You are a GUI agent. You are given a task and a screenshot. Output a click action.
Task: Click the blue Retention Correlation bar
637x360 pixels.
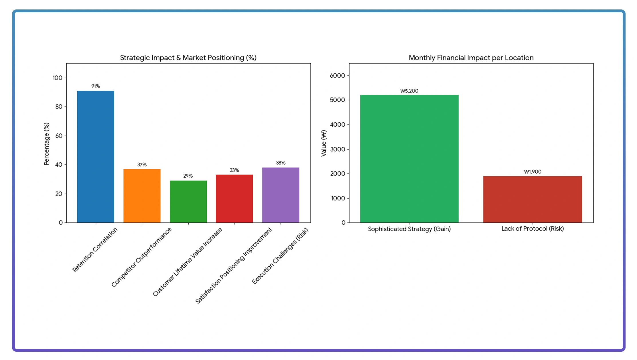[x=96, y=157]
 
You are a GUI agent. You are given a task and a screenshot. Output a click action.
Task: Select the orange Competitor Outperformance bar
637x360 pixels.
[x=142, y=196]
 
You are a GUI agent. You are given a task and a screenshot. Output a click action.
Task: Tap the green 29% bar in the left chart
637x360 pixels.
[x=188, y=201]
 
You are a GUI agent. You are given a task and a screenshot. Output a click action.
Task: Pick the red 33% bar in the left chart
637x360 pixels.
[x=234, y=198]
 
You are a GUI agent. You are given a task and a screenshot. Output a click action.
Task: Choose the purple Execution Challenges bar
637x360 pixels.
[x=281, y=195]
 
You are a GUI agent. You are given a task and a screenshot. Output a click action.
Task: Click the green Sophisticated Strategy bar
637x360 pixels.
[x=409, y=159]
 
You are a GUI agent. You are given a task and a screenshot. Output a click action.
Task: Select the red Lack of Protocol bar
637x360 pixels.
[x=533, y=199]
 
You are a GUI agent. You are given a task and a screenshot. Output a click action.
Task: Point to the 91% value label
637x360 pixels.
[x=96, y=86]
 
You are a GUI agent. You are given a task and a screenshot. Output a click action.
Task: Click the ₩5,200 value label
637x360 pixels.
[x=409, y=91]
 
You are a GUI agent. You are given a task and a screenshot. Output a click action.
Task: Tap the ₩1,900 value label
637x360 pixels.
[x=533, y=172]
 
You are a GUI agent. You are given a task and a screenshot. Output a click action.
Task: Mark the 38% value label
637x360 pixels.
[x=281, y=163]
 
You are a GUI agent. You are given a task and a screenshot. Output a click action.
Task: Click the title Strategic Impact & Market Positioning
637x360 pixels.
[x=188, y=58]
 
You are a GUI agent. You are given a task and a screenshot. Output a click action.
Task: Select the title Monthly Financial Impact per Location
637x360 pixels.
[x=471, y=58]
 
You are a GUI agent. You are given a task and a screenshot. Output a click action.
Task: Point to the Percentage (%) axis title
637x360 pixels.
[x=46, y=144]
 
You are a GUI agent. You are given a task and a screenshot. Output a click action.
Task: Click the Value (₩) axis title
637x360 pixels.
[x=324, y=143]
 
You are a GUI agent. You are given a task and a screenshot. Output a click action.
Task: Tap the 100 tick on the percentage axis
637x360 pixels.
[x=57, y=78]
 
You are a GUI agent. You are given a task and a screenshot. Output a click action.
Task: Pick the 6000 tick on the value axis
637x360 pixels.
[x=337, y=76]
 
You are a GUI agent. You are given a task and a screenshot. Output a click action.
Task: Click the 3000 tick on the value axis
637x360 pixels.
[x=337, y=149]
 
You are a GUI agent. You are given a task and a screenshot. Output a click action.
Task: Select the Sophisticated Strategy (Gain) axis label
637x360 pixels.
[x=409, y=229]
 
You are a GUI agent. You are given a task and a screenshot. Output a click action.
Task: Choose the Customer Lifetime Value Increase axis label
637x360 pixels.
[x=188, y=262]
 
